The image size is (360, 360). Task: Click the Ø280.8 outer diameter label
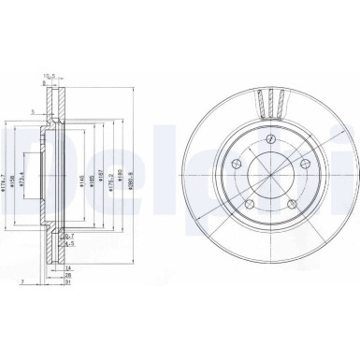click(141, 174)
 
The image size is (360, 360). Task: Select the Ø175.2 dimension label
click(118, 174)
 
